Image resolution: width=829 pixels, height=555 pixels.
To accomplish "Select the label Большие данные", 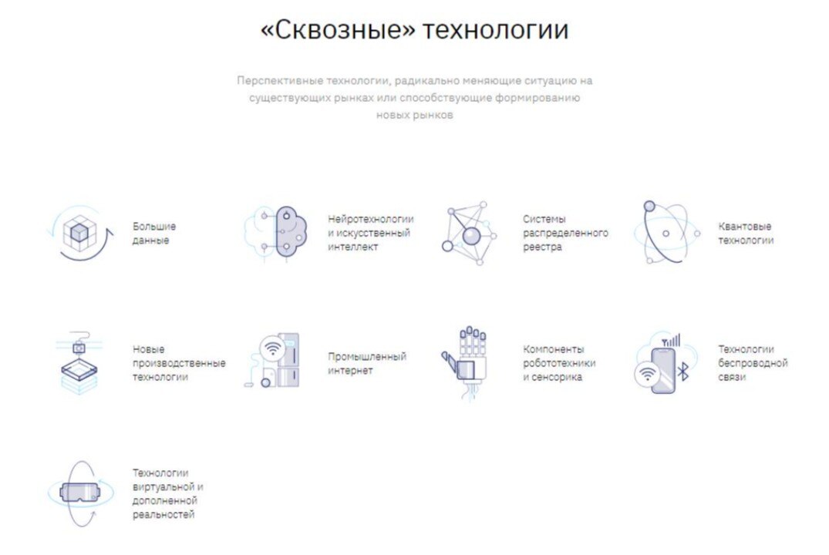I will point(154,233).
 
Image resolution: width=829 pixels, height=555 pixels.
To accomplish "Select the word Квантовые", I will point(745,226).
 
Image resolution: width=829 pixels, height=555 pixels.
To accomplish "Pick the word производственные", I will point(179,363).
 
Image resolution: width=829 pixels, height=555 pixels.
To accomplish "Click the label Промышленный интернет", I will point(367,363).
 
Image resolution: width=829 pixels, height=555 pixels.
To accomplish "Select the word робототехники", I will point(559,363).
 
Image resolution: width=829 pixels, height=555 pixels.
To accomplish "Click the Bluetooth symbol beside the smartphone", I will point(682,374).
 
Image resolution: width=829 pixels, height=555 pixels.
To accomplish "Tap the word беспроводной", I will point(753,363).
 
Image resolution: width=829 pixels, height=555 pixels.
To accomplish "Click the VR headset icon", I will point(79,491).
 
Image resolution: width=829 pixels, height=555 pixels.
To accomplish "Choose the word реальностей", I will point(163,514).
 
